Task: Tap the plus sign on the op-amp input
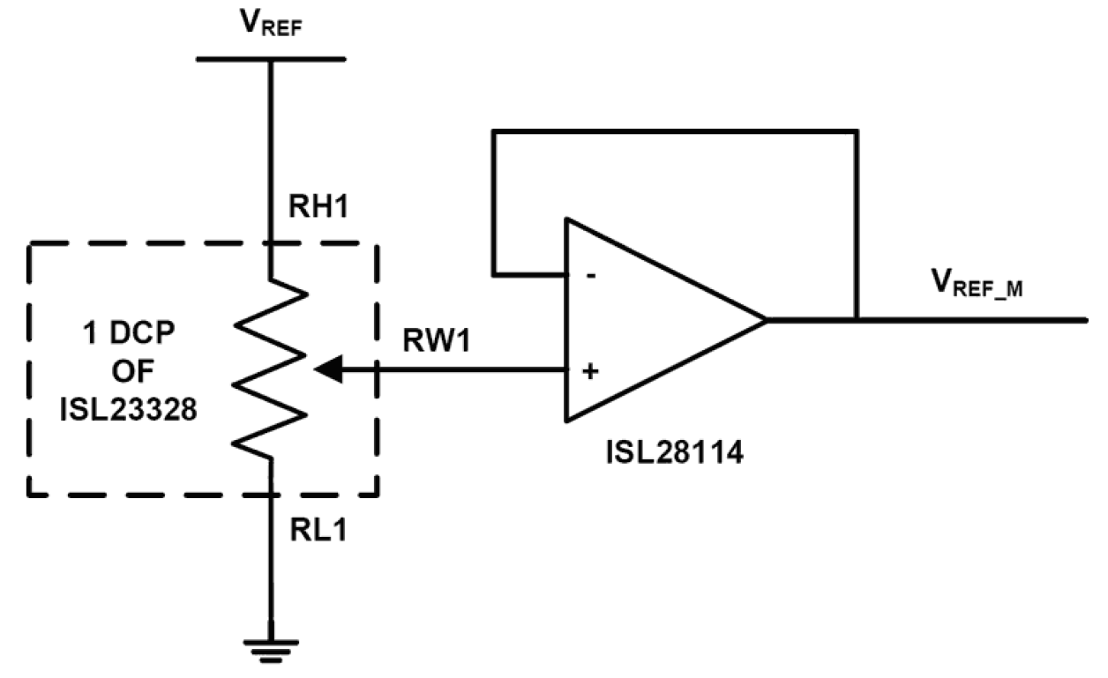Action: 590,370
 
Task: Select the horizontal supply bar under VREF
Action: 270,60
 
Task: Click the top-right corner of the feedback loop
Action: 856,132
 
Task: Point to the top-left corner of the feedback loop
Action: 494,132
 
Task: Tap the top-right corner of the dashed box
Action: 378,244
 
